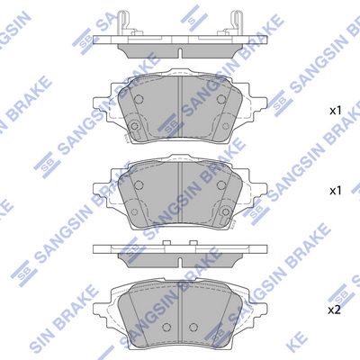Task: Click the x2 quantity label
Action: tap(335, 310)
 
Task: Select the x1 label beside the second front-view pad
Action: tap(335, 191)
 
